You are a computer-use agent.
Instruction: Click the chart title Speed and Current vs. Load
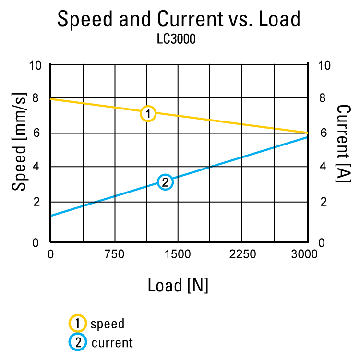click(179, 19)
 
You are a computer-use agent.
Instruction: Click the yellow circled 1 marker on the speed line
click(148, 114)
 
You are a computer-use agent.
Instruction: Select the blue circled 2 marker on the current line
click(165, 182)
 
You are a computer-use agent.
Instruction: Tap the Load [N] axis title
click(178, 286)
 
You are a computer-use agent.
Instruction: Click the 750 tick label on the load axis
click(114, 254)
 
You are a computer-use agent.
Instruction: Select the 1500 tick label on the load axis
click(178, 254)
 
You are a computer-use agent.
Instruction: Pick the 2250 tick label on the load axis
click(242, 254)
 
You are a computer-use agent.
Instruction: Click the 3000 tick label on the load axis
click(304, 254)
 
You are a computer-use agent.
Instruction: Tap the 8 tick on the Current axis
click(323, 98)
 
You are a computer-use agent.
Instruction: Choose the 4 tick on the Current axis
click(323, 167)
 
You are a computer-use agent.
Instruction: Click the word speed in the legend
click(108, 324)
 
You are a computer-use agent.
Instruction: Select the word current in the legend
click(112, 343)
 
